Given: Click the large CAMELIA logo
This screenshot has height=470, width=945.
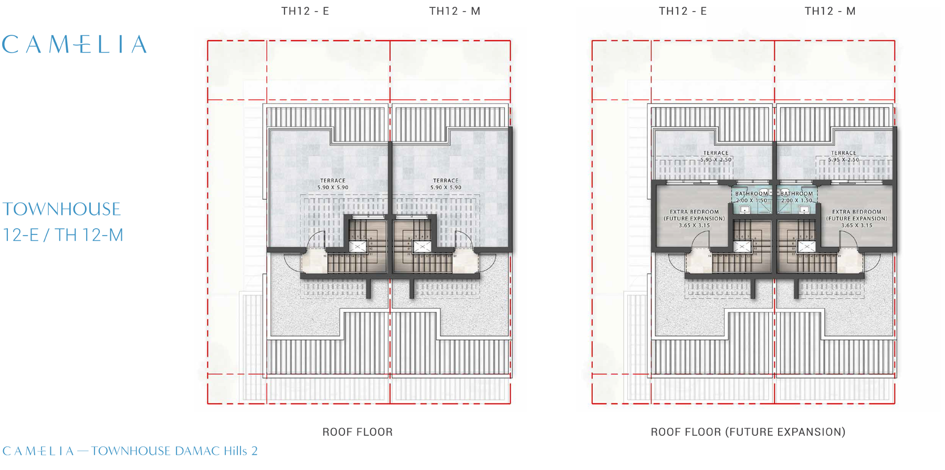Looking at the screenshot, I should point(75,45).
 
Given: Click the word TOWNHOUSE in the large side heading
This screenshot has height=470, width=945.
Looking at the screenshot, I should point(62,209).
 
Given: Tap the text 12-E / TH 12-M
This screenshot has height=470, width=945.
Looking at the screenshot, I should point(63,235).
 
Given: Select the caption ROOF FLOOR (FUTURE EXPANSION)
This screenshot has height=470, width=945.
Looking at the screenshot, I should point(748,432).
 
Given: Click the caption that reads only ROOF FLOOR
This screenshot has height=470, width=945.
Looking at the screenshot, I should point(358,432).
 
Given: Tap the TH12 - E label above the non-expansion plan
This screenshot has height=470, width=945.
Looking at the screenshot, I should point(305,12).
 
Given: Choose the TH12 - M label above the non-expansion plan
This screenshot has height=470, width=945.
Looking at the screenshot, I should point(455,12).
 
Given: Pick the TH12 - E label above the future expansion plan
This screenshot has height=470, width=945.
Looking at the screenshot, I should point(683,12).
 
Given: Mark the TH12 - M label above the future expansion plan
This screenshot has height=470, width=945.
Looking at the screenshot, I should point(830,12).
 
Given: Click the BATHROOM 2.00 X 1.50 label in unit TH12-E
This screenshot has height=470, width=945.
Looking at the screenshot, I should point(751,197).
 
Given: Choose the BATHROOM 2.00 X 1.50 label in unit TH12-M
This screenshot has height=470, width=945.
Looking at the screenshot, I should point(796,197).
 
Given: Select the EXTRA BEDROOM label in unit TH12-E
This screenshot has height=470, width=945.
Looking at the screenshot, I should point(694,218).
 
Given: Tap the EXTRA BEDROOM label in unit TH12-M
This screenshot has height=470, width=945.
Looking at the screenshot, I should point(857,218).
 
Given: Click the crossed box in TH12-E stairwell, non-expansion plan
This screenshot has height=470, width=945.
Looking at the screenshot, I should point(358,247).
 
